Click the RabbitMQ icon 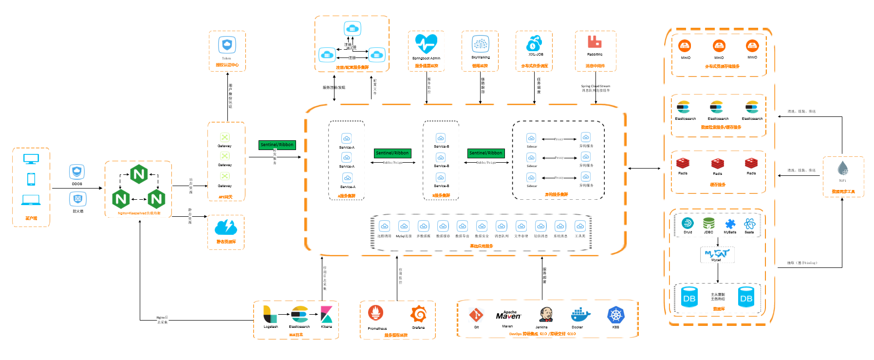pyautogui.click(x=595, y=42)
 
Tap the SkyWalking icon pyautogui.click(x=481, y=44)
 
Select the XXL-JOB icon pyautogui.click(x=534, y=43)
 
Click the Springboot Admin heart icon pyautogui.click(x=426, y=44)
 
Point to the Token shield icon pyautogui.click(x=227, y=45)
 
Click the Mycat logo pyautogui.click(x=717, y=253)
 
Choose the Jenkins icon pyautogui.click(x=546, y=315)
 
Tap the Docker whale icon pyautogui.click(x=580, y=315)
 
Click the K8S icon pyautogui.click(x=616, y=315)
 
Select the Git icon pyautogui.click(x=476, y=315)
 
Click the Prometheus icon pyautogui.click(x=375, y=313)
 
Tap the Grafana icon pyautogui.click(x=418, y=314)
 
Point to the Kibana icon pyautogui.click(x=326, y=314)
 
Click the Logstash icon pyautogui.click(x=270, y=314)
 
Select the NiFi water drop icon pyautogui.click(x=843, y=169)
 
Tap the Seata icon pyautogui.click(x=749, y=224)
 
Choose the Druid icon pyautogui.click(x=688, y=224)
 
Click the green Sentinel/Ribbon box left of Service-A pyautogui.click(x=277, y=145)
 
